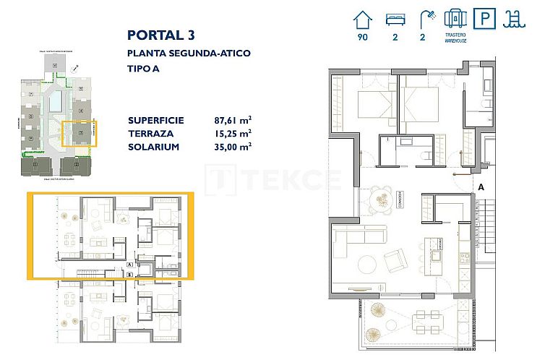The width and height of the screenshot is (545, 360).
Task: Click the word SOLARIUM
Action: [153, 146]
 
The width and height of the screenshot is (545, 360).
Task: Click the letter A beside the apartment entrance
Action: [480, 187]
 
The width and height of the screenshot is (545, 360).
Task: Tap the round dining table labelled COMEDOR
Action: [382, 198]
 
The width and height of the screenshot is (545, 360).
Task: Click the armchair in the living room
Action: [396, 259]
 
